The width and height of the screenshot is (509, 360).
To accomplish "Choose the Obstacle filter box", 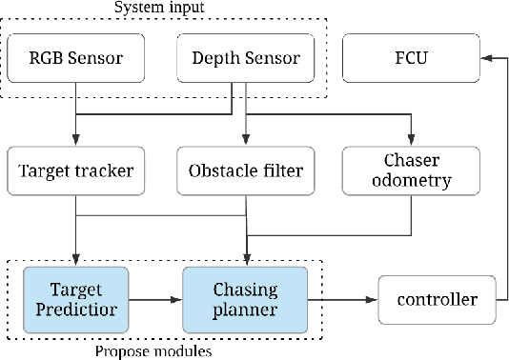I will pos(246,172).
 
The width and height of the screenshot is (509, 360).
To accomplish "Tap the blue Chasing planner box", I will pos(245,298).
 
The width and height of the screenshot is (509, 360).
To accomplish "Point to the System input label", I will pos(163,9).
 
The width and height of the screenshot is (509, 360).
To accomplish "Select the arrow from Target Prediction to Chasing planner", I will pos(153,299).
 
